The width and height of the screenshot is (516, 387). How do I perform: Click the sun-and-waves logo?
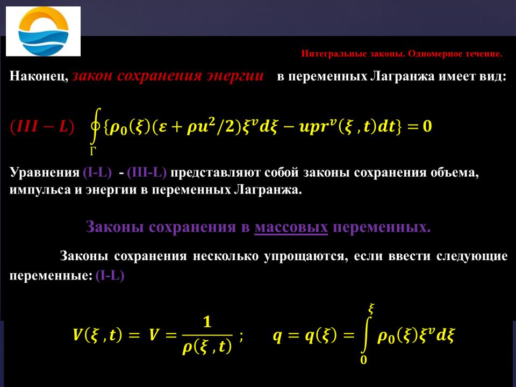pos(43,31)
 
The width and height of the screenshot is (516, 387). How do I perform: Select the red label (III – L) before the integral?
pos(42,127)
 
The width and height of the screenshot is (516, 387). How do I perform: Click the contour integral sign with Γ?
pos(95,127)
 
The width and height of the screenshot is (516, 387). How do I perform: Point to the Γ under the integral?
pos(94,151)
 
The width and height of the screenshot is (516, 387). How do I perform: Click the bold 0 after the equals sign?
pos(427,126)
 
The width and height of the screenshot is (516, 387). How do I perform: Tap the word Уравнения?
pos(45,173)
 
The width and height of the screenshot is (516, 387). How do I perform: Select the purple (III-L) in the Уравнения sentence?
pos(147,173)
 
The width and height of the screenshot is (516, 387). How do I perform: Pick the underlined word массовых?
pos(291,227)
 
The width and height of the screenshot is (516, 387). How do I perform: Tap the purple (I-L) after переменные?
pos(110,275)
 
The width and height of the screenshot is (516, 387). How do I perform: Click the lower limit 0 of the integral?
pos(364,360)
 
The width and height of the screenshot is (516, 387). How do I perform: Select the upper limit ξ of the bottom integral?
pos(371,310)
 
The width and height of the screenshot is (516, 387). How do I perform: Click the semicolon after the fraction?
pos(241,336)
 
